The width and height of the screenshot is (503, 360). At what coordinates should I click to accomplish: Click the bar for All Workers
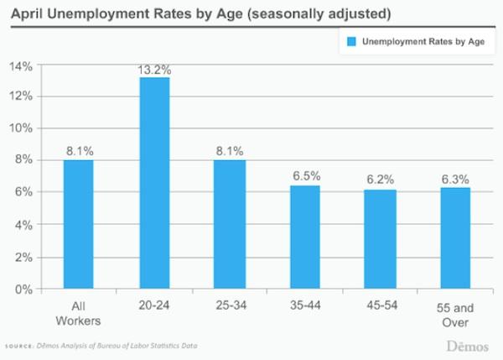coord(79,225)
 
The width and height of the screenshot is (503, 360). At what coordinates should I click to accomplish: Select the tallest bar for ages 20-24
coord(155,184)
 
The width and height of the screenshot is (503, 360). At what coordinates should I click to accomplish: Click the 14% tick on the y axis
coord(21,65)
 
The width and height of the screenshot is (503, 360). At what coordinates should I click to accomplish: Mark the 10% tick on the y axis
coord(21,128)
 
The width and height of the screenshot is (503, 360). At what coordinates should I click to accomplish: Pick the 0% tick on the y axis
coord(23,290)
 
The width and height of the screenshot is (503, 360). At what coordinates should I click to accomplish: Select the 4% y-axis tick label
coord(23,226)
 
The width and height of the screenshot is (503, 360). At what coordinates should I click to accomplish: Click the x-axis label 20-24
coord(155,305)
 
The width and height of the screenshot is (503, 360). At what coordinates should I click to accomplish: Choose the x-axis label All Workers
coord(79,312)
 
